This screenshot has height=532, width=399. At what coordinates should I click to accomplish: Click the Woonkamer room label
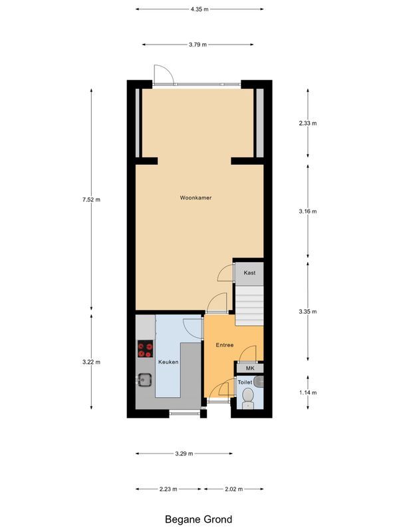pyautogui.click(x=196, y=198)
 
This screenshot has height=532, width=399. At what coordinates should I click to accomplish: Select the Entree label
pyautogui.click(x=225, y=345)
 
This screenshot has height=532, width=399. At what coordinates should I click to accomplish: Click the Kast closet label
pyautogui.click(x=250, y=273)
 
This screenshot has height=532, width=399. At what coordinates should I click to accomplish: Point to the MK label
pyautogui.click(x=250, y=368)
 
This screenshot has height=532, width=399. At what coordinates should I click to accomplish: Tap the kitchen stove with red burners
pyautogui.click(x=145, y=349)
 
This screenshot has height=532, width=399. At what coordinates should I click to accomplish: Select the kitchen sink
pyautogui.click(x=145, y=380)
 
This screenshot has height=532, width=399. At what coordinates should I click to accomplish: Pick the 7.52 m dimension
pyautogui.click(x=92, y=199)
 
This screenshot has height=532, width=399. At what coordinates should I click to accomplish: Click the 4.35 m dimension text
pyautogui.click(x=199, y=9)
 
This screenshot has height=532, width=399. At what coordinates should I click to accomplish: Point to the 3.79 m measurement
pyautogui.click(x=198, y=45)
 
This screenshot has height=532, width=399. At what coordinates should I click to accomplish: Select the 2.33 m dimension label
pyautogui.click(x=307, y=123)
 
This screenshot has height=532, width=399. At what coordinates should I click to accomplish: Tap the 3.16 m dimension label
pyautogui.click(x=307, y=211)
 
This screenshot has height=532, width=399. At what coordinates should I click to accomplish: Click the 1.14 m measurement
pyautogui.click(x=307, y=392)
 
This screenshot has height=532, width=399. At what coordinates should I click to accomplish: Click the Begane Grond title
pyautogui.click(x=199, y=519)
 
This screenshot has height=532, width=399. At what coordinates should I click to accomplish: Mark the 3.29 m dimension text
pyautogui.click(x=184, y=454)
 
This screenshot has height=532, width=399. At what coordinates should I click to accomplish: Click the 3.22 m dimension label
pyautogui.click(x=92, y=362)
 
